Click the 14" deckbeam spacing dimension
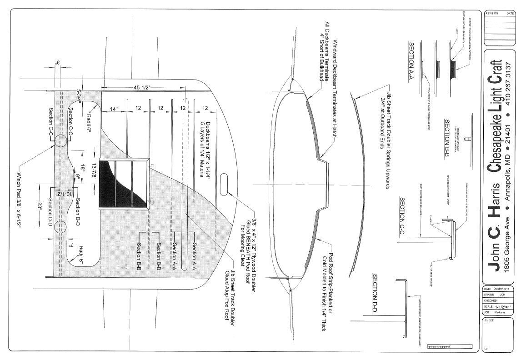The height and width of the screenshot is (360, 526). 114,109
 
